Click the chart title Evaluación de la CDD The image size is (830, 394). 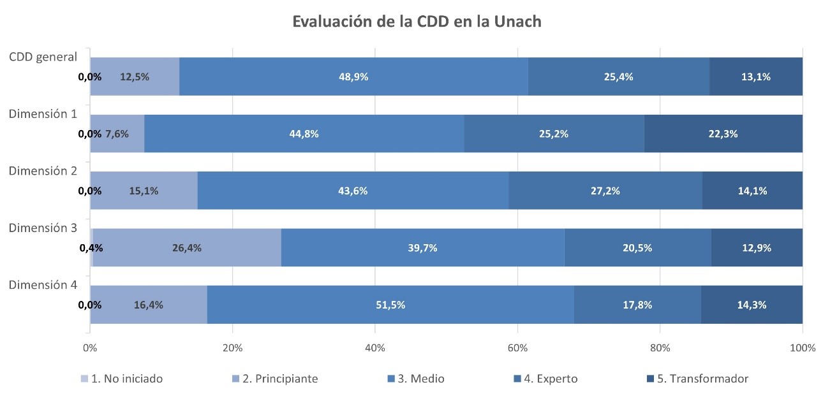click(417, 21)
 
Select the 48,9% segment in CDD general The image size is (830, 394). click(353, 77)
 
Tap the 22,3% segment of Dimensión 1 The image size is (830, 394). click(723, 133)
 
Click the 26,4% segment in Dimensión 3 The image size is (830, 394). click(187, 248)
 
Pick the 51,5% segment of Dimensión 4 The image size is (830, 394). click(390, 305)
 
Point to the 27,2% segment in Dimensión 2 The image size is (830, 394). click(605, 191)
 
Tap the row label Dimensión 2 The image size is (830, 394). click(43, 171)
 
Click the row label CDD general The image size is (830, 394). click(43, 57)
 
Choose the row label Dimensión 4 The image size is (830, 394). click(43, 285)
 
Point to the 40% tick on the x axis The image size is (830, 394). click(374, 348)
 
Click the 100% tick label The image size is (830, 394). click(802, 348)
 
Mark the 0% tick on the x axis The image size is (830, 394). click(90, 348)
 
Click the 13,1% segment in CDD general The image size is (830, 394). click(756, 77)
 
